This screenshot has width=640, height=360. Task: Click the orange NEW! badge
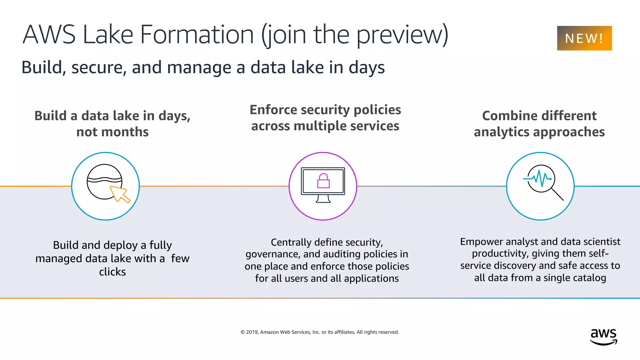click(x=584, y=38)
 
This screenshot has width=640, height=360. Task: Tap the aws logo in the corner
click(x=603, y=337)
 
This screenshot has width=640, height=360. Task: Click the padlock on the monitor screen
click(x=323, y=181)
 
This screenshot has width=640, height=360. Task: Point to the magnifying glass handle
click(x=557, y=194)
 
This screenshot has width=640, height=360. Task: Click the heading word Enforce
click(x=273, y=110)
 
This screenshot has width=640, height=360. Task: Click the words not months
click(x=112, y=132)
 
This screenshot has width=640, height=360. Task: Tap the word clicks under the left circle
click(x=112, y=272)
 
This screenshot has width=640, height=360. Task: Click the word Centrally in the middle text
click(x=291, y=242)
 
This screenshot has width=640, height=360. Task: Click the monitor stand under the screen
click(x=323, y=199)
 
